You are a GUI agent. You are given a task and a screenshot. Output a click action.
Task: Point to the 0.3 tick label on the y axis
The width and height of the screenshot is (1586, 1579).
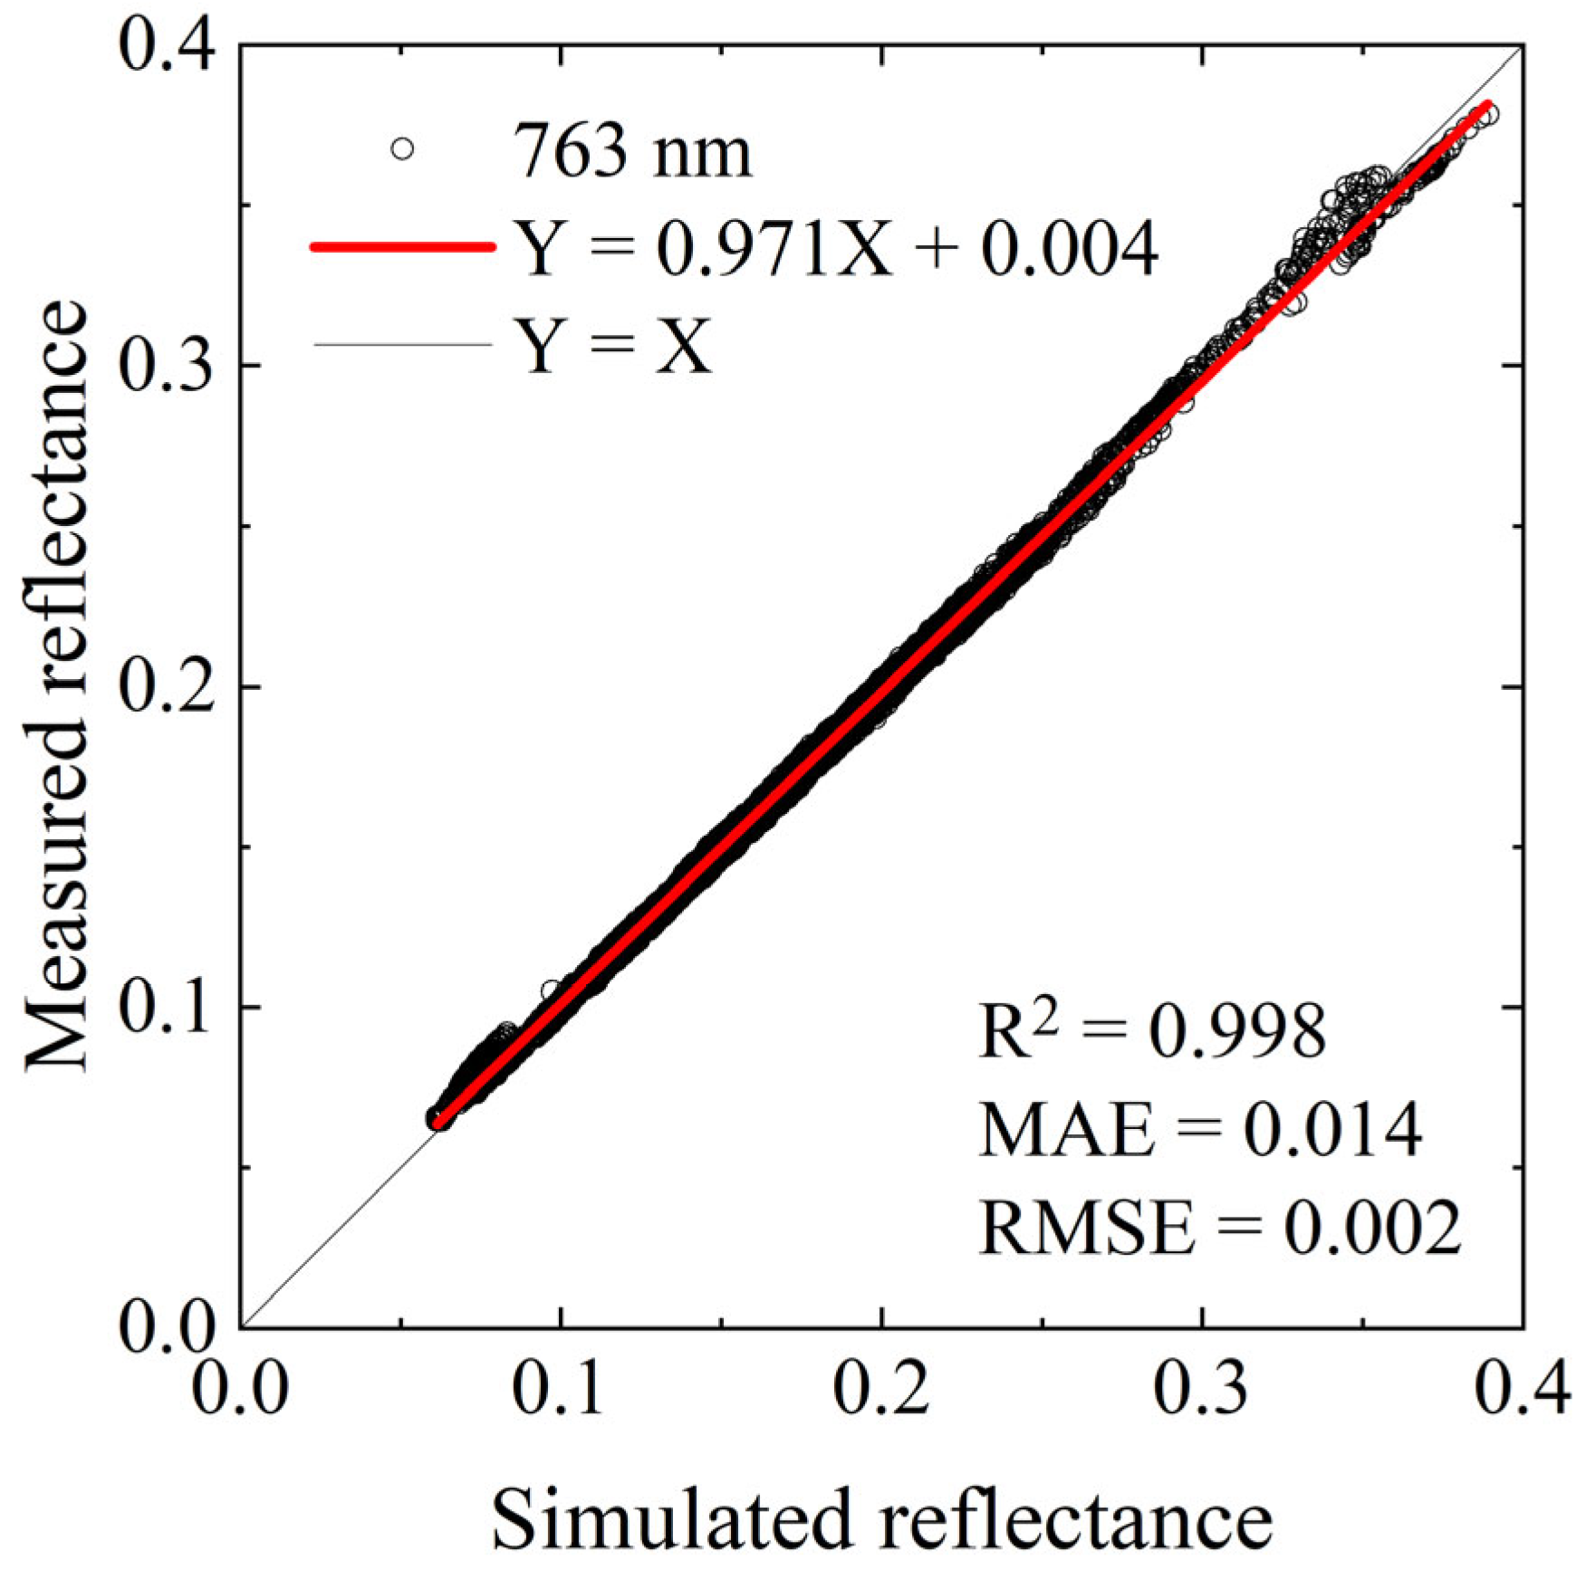click(x=167, y=365)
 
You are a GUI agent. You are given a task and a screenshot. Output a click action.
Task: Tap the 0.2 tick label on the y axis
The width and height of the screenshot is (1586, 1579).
click(x=167, y=686)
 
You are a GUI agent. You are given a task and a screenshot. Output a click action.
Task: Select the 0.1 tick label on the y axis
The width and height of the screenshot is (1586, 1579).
click(x=167, y=1007)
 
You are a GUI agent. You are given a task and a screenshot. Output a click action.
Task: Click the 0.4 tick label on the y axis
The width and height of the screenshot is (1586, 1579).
click(x=167, y=45)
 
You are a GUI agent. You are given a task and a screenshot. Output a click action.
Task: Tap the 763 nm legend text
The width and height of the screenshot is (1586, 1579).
click(x=632, y=152)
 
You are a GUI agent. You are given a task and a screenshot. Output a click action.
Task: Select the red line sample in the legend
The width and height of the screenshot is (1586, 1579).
click(x=402, y=246)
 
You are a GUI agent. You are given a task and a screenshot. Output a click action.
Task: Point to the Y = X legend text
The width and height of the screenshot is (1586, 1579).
click(x=612, y=345)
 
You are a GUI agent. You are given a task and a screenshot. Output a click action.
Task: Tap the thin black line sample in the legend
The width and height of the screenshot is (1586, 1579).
click(x=402, y=344)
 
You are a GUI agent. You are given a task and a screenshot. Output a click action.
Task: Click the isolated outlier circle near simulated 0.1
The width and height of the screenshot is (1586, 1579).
click(x=550, y=990)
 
